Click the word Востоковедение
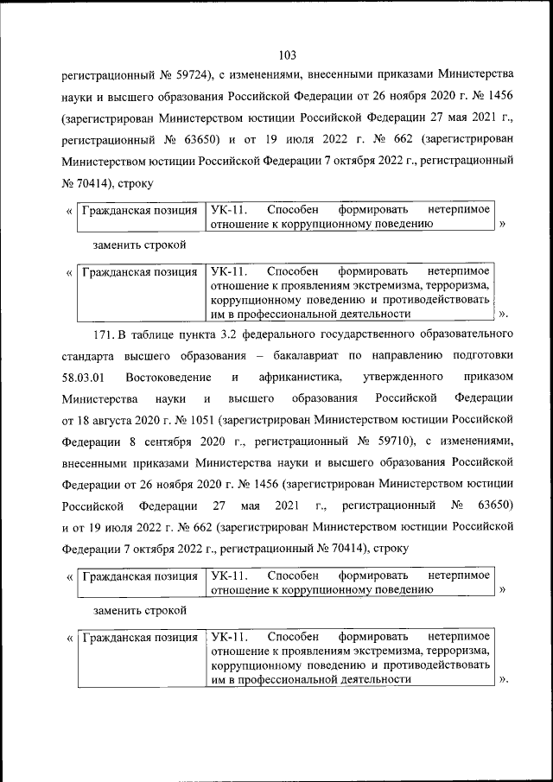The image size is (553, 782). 168,377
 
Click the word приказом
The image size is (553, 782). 489,377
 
